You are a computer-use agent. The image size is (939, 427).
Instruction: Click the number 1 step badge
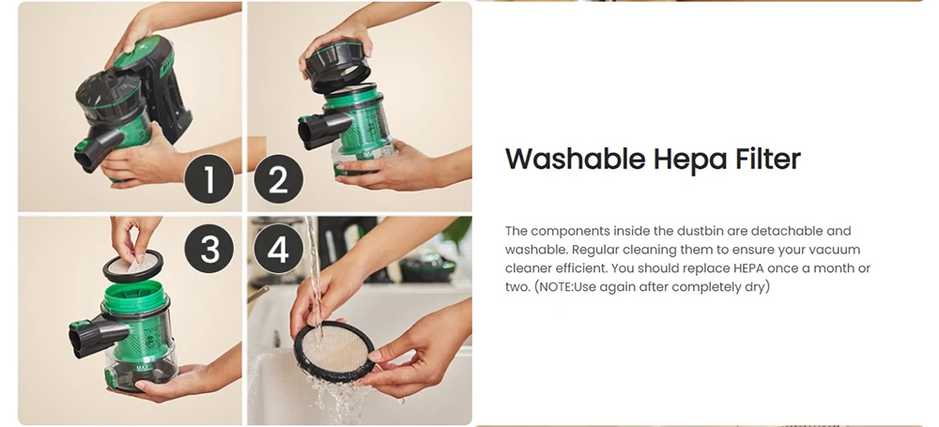tap(209, 178)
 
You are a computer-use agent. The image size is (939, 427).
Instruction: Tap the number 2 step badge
tap(279, 178)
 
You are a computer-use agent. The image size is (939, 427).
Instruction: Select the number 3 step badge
tap(209, 249)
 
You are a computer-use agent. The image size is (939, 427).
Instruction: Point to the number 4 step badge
tap(279, 249)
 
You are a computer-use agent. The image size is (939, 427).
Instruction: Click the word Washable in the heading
tap(575, 160)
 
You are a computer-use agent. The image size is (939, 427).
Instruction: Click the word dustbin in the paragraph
tap(701, 231)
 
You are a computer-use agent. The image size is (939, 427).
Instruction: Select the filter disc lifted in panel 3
tap(132, 267)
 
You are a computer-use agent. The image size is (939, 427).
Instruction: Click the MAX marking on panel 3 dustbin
tap(143, 368)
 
